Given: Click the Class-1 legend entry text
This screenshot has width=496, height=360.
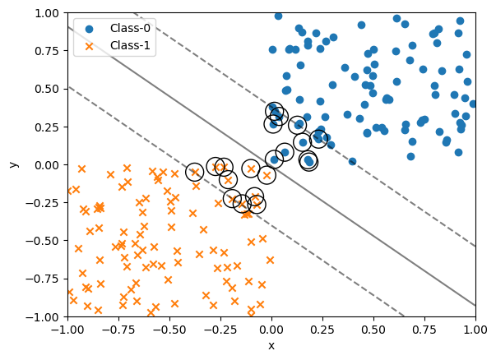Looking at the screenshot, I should pos(132,46).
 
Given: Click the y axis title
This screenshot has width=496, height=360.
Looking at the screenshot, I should pos(12,164).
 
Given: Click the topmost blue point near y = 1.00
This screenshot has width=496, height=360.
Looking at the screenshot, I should pos(278,16).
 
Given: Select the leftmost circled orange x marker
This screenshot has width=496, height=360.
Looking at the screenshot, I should pos(194,171).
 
